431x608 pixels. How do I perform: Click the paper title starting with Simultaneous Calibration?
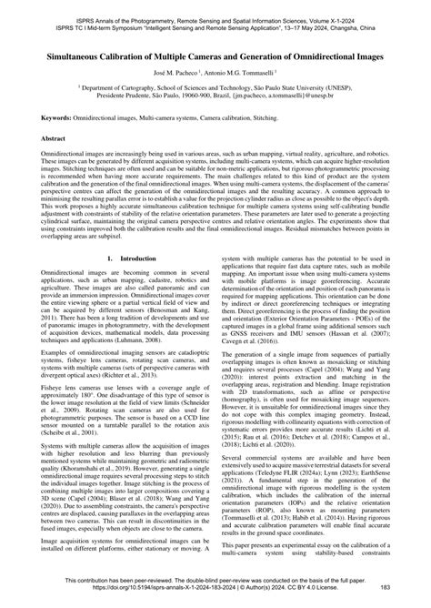(215, 55)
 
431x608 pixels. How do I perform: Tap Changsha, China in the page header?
(378, 18)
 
